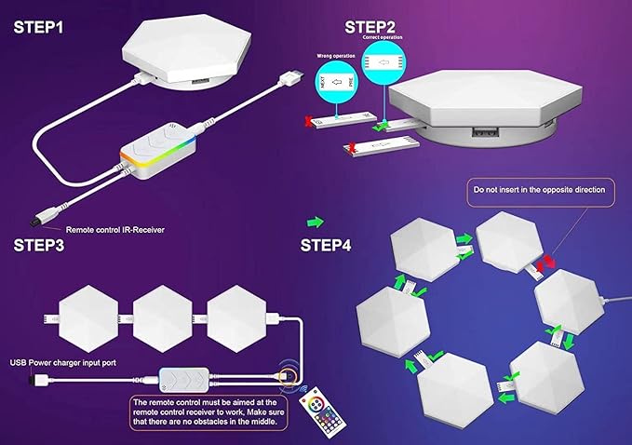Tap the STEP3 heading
[39, 247]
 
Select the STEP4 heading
[327, 246]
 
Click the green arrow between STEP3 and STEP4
[316, 222]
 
